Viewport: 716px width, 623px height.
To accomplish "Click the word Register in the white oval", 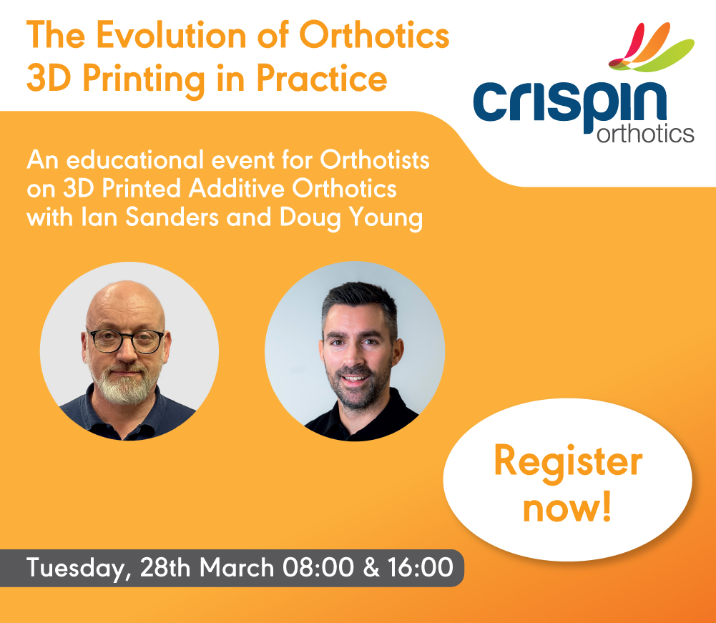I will click(x=568, y=463).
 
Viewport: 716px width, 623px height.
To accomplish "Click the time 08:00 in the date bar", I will click(x=318, y=568).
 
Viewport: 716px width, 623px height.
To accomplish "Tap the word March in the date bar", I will click(x=237, y=568).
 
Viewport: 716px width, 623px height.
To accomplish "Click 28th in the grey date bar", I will click(x=166, y=568).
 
